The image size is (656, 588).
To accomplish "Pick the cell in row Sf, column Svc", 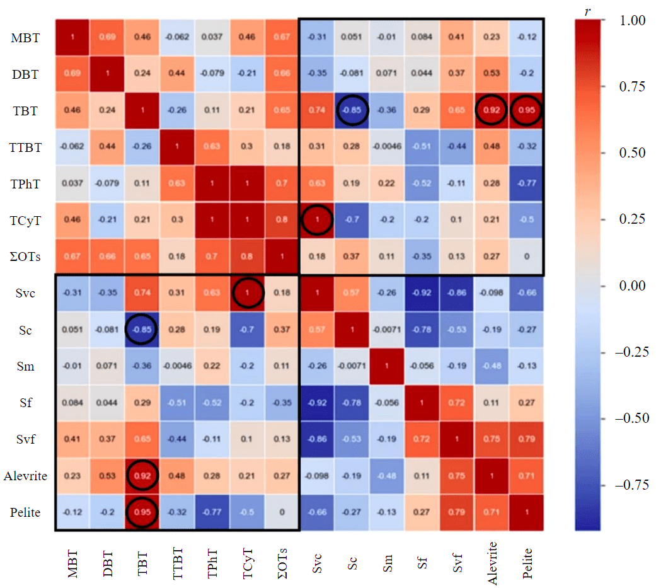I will pos(317,403).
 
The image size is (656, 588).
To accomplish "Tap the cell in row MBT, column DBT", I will pos(106,38).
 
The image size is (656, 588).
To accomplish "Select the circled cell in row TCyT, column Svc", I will pos(317,220).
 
